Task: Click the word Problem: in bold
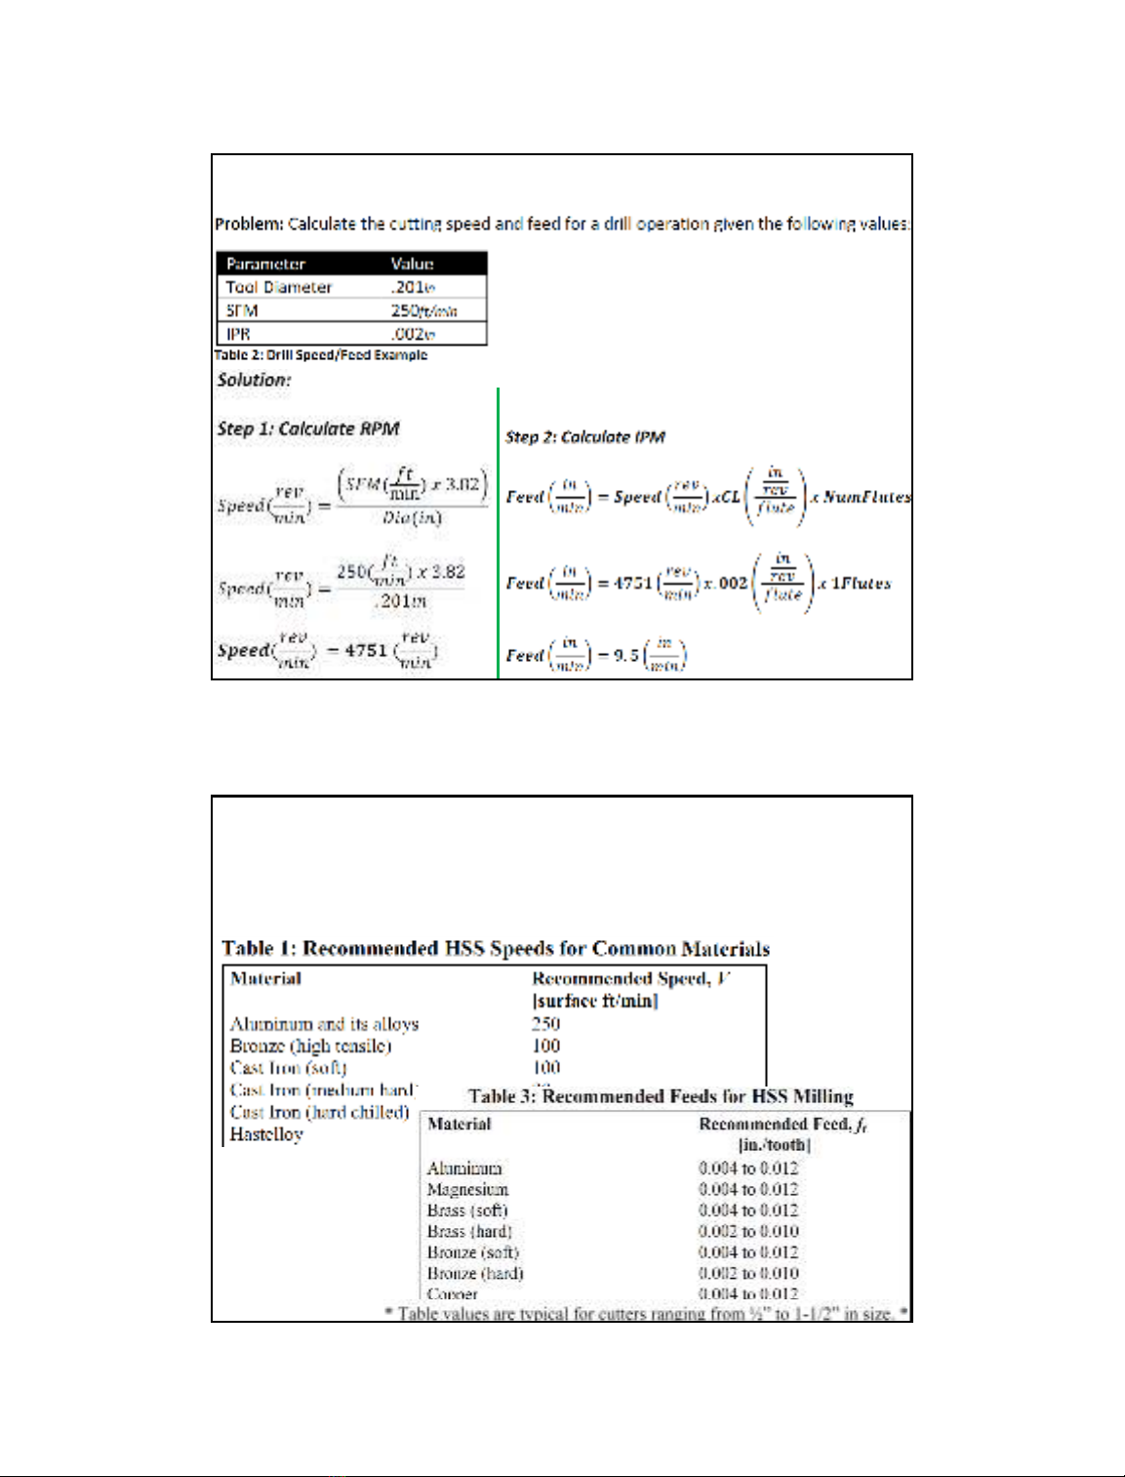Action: coord(249,225)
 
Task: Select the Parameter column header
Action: coord(265,264)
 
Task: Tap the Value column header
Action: coord(412,264)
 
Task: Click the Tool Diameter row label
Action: coord(279,287)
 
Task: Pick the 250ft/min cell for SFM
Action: coord(423,310)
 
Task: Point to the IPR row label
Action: coord(238,334)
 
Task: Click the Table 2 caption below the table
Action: coord(321,355)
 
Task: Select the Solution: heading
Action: coord(254,380)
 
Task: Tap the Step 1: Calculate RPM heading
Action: coord(307,429)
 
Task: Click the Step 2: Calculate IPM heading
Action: coord(584,437)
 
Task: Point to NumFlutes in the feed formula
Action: coord(866,497)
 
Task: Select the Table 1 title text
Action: coord(496,949)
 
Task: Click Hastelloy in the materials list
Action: coord(266,1134)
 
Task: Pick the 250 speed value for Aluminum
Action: coord(545,1023)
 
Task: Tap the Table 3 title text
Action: coord(661,1096)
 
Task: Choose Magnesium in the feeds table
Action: coord(467,1189)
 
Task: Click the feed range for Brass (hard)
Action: coord(748,1231)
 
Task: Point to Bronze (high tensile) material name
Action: coord(310,1046)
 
